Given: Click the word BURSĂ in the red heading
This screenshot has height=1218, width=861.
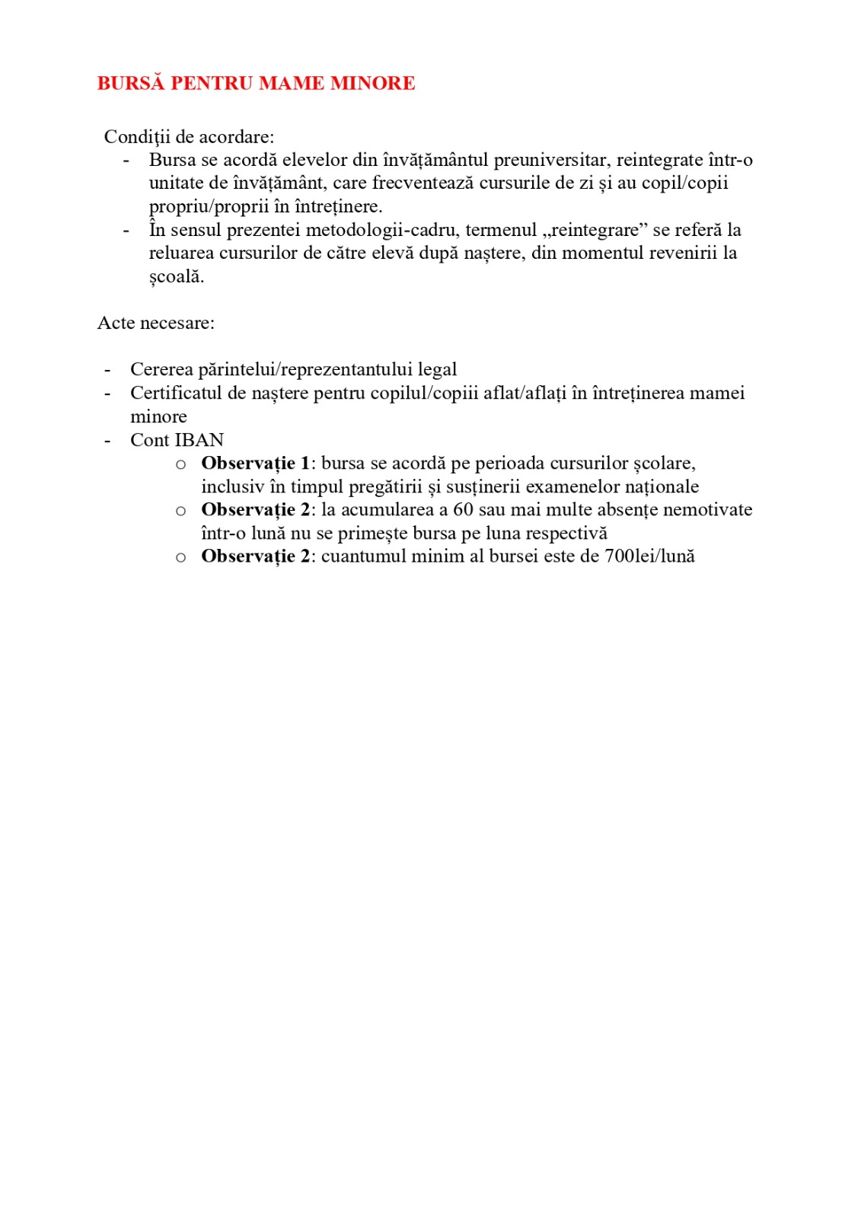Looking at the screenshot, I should point(130,83).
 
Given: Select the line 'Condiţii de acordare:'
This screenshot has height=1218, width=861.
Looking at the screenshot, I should point(189,137).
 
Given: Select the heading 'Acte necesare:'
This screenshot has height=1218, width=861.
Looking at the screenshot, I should point(156,323).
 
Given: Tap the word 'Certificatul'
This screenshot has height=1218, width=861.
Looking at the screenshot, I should point(176,393).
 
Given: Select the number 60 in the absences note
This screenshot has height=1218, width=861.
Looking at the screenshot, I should point(463,509).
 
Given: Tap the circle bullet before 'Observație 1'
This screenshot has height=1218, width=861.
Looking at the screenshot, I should point(180,464).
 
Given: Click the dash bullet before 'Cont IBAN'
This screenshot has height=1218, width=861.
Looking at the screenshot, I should point(108,440).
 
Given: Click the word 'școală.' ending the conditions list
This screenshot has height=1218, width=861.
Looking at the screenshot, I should point(177,276).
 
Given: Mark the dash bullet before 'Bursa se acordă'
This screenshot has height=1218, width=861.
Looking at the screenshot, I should point(126,160).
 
